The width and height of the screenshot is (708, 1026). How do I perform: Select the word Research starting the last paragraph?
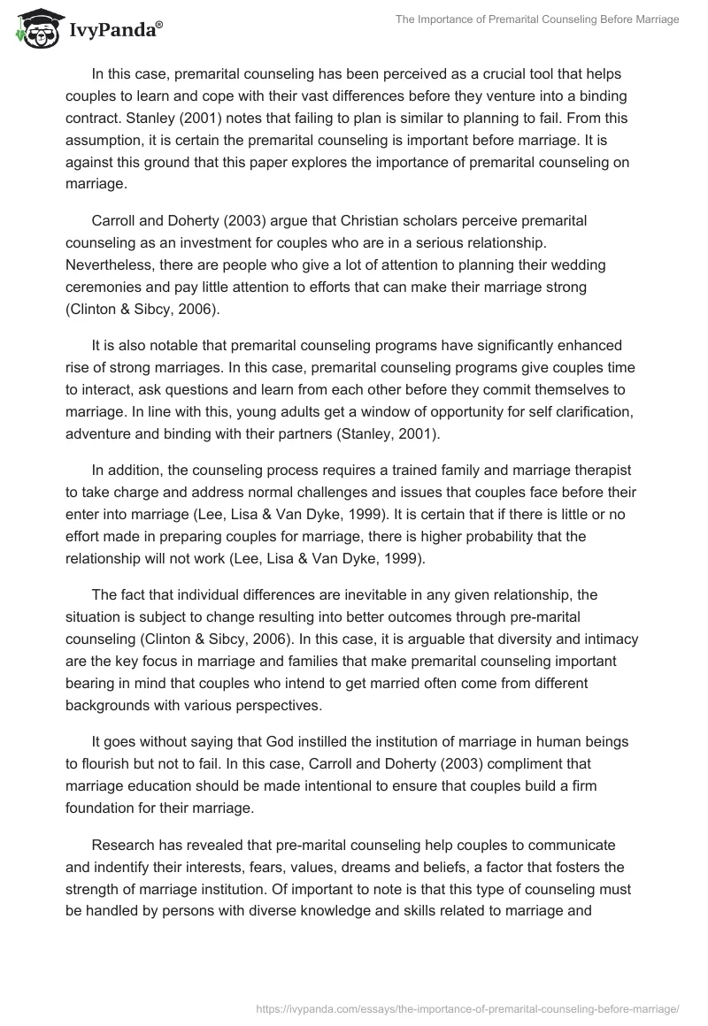[x=122, y=846]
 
